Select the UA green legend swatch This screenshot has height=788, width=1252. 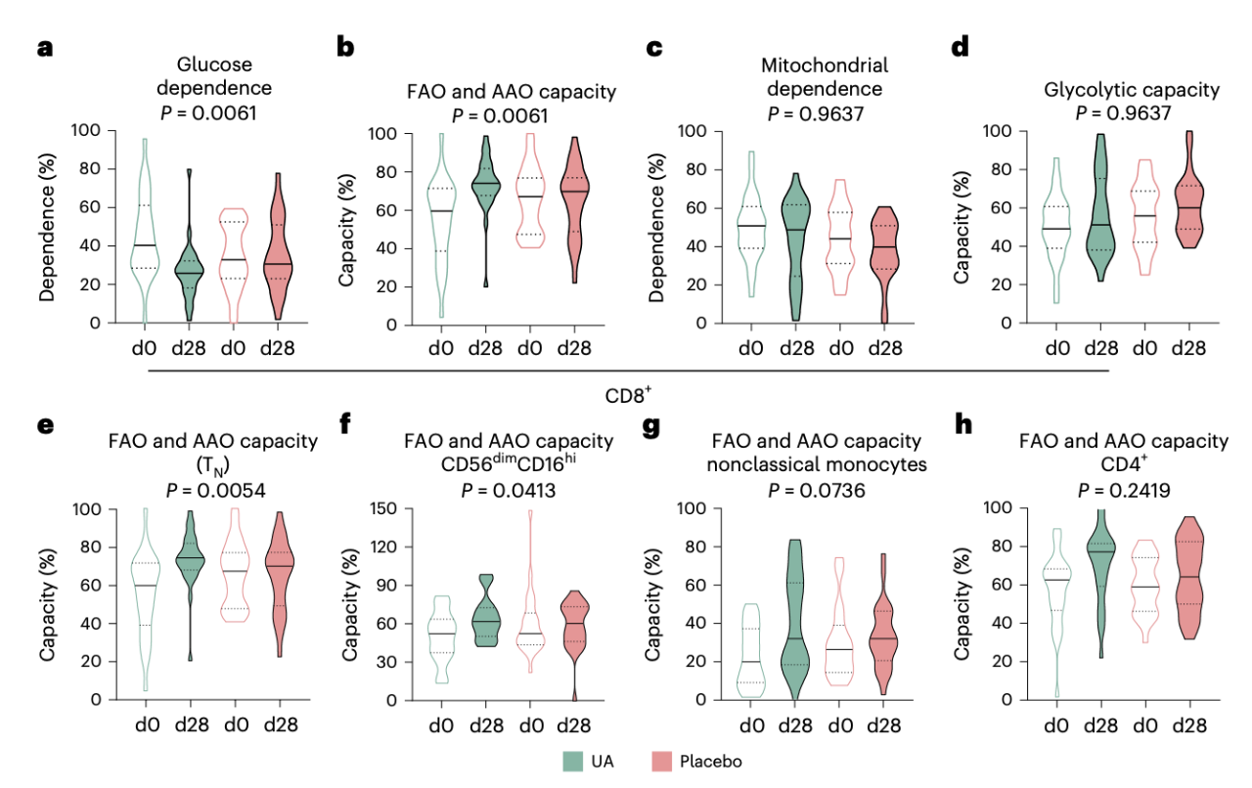pyautogui.click(x=574, y=761)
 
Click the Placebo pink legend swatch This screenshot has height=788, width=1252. pyautogui.click(x=662, y=761)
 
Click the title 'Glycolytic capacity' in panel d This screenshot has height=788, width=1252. pyautogui.click(x=1132, y=90)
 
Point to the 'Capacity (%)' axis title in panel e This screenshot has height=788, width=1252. pyautogui.click(x=47, y=605)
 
